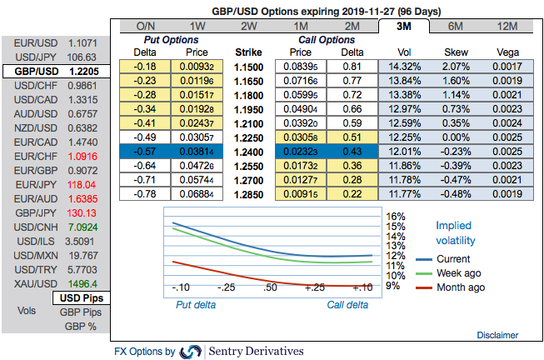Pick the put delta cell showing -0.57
coord(147,152)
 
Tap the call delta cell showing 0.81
coord(351,66)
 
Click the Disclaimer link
coord(497,335)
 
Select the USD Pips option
coord(80,297)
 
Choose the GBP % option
coord(81,326)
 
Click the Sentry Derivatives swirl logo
coord(191,351)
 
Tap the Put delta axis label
coord(197,304)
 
